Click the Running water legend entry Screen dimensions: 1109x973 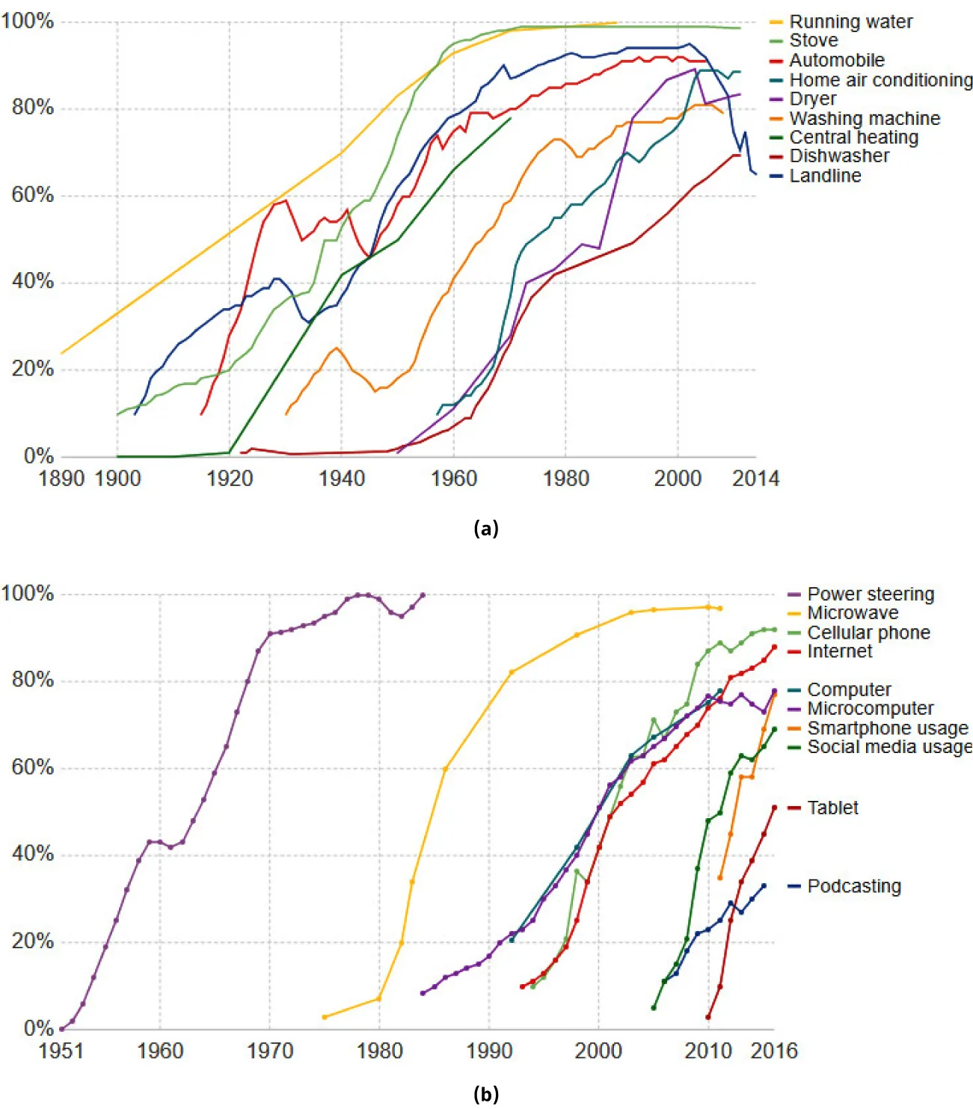pyautogui.click(x=850, y=22)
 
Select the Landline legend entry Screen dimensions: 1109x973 pyautogui.click(x=825, y=176)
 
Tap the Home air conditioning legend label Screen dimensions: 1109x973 pyautogui.click(x=880, y=80)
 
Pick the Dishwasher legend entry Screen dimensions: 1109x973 pyautogui.click(x=839, y=156)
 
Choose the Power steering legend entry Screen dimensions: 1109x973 pyautogui.click(x=871, y=595)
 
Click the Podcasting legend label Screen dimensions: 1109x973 pyautogui.click(x=854, y=886)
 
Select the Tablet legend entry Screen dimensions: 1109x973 pyautogui.click(x=832, y=808)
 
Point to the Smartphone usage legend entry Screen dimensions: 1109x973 pyautogui.click(x=887, y=728)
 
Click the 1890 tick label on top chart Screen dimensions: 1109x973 pyautogui.click(x=61, y=479)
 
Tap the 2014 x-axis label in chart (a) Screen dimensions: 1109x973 pyautogui.click(x=755, y=479)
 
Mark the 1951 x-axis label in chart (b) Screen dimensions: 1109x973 pyautogui.click(x=61, y=1051)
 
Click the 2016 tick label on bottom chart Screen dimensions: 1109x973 pyautogui.click(x=774, y=1051)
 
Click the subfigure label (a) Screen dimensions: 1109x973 pyautogui.click(x=486, y=529)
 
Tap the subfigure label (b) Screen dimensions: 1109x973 pyautogui.click(x=486, y=1094)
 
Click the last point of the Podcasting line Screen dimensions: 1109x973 pyautogui.click(x=764, y=886)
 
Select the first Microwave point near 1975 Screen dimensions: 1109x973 pyautogui.click(x=325, y=1017)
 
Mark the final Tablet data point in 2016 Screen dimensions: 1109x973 pyautogui.click(x=774, y=808)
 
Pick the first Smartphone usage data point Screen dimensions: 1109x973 pyautogui.click(x=720, y=878)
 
